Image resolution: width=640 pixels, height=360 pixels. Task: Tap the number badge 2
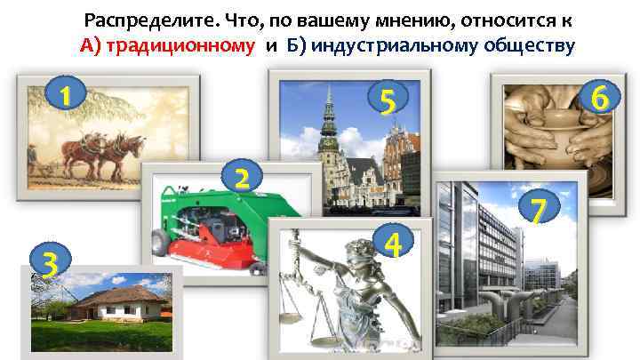point(241,175)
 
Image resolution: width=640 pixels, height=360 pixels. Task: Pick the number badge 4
point(389,243)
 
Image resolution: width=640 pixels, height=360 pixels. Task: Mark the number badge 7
point(537,210)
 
